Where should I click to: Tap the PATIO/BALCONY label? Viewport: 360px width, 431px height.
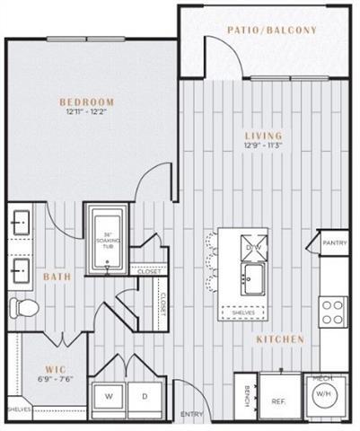(272, 31)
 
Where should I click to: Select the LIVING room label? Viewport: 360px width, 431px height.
(256, 137)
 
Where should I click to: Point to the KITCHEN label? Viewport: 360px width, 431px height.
(279, 339)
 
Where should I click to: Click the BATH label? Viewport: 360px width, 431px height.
(57, 277)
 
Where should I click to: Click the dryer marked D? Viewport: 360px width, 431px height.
(145, 394)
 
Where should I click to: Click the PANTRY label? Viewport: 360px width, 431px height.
(334, 242)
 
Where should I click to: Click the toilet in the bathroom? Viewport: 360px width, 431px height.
(24, 309)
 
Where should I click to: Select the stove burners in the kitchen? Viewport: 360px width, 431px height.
(333, 312)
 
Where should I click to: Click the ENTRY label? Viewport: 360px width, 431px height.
(191, 414)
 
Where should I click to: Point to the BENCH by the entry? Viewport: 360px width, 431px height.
(246, 392)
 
